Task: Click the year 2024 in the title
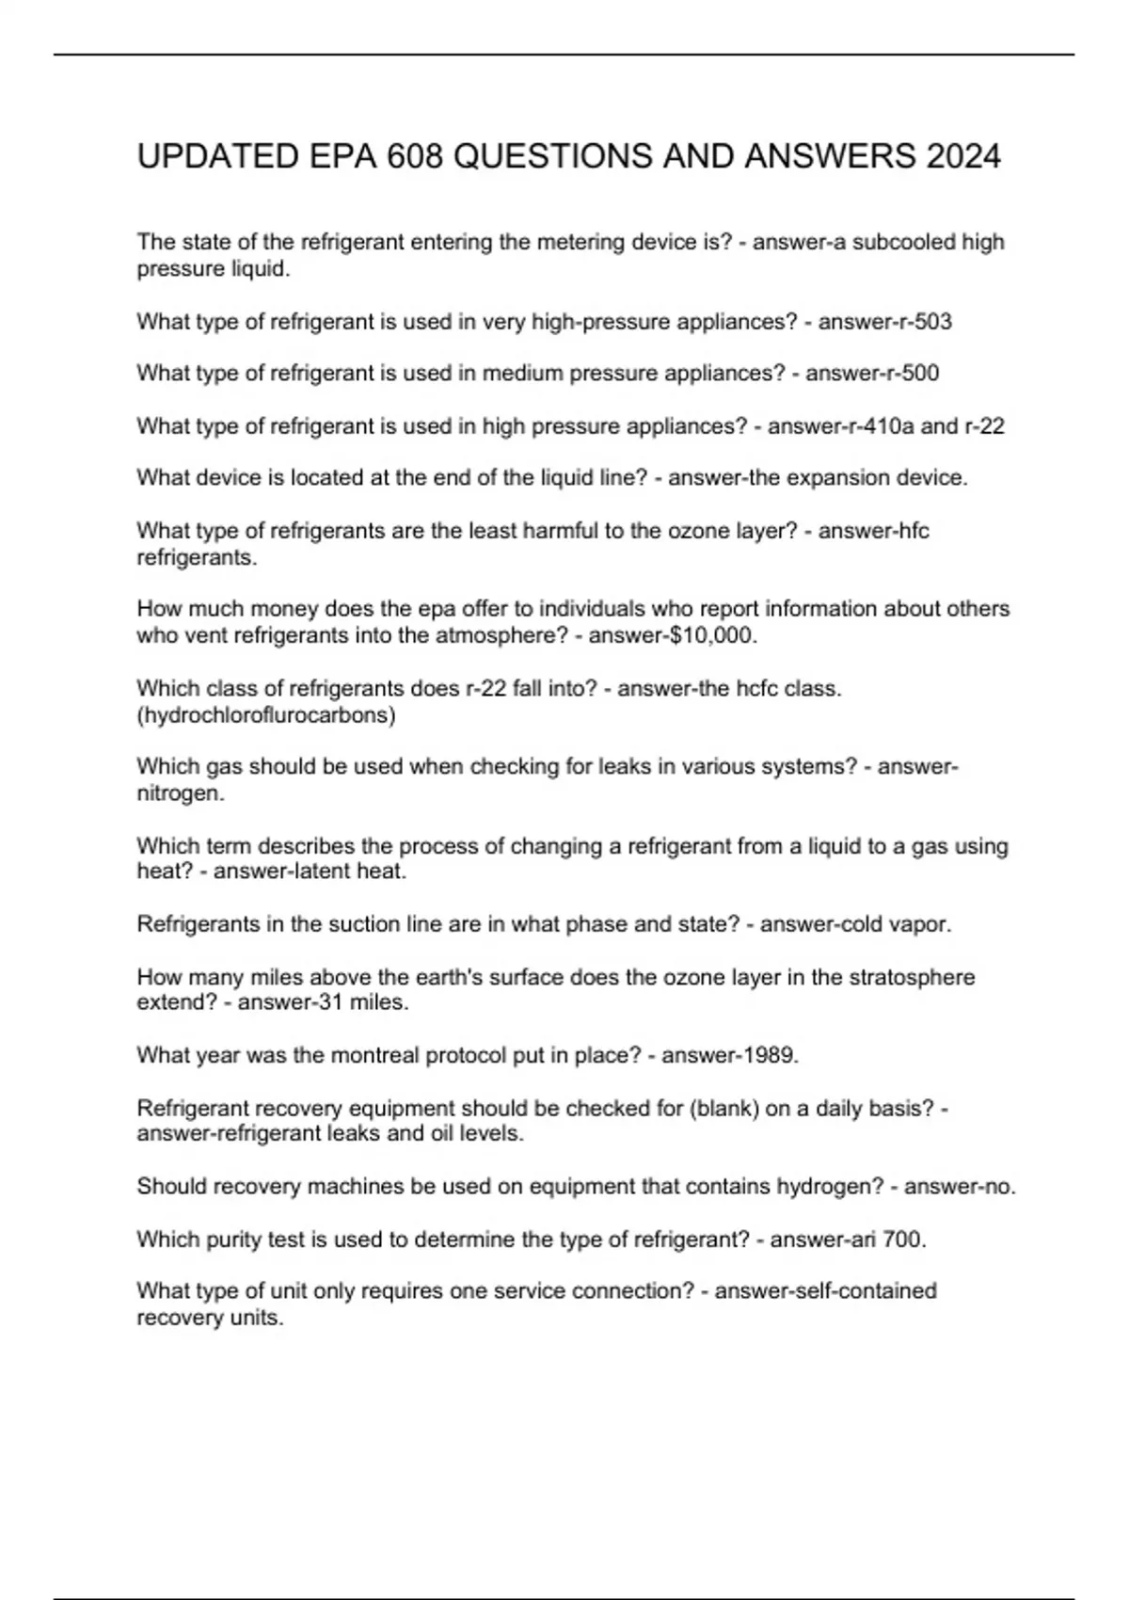[x=963, y=156]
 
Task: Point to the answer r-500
[x=907, y=374]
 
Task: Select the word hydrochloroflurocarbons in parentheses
[x=266, y=715]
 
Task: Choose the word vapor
[x=922, y=924]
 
